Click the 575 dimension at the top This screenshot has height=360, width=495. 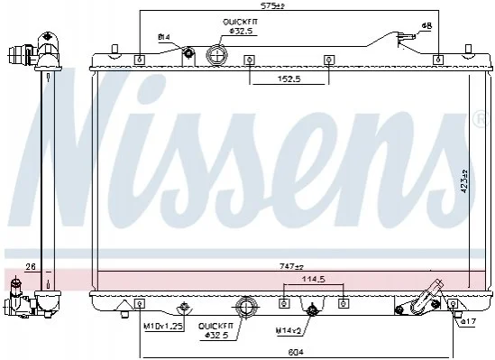pos(272,5)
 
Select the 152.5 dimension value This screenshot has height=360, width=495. pos(289,78)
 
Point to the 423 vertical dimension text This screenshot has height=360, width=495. pos(464,181)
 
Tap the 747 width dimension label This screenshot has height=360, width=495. pos(291,267)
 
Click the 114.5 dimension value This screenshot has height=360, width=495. pos(314,279)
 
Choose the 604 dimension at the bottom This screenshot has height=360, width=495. pos(296,352)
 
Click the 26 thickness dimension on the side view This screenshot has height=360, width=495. pos(31,267)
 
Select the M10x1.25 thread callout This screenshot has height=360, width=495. pos(163,327)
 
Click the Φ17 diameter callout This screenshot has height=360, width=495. pos(468,322)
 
